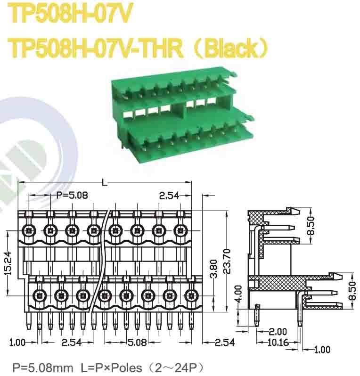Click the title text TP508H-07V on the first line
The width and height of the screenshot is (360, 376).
click(69, 16)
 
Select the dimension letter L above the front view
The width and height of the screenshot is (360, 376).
click(104, 182)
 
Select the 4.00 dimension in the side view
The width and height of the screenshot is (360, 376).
click(238, 293)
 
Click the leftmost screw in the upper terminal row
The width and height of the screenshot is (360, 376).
click(29, 231)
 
